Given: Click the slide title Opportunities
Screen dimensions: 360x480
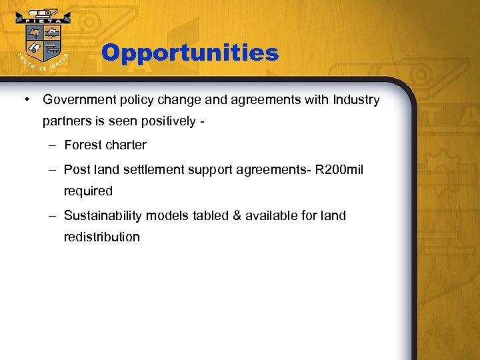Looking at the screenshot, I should point(190,53).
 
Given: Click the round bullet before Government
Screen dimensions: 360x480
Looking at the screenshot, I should point(25,100).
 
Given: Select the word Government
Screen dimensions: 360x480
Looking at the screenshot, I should point(77,100).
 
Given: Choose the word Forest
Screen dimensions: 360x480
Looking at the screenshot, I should point(83,145).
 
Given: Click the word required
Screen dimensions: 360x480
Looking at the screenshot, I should point(88,191).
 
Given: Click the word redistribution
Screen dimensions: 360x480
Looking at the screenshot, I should point(101,237).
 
